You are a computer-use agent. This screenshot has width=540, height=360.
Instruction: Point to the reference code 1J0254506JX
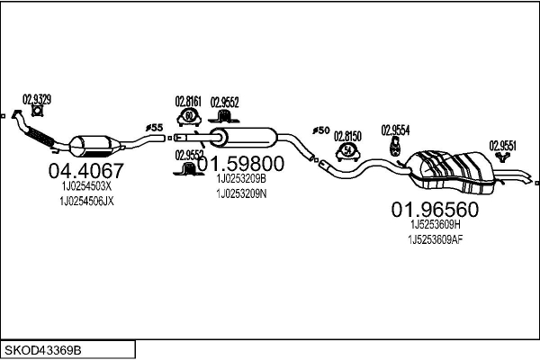87,201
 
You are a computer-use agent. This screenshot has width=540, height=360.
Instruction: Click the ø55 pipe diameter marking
155,128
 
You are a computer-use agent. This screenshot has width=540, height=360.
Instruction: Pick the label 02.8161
188,103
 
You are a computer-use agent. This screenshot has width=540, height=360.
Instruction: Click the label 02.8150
347,136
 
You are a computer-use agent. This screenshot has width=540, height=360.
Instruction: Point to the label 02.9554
395,130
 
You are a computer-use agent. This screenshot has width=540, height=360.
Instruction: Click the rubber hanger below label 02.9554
394,145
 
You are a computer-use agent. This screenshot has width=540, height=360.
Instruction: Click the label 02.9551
503,144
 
